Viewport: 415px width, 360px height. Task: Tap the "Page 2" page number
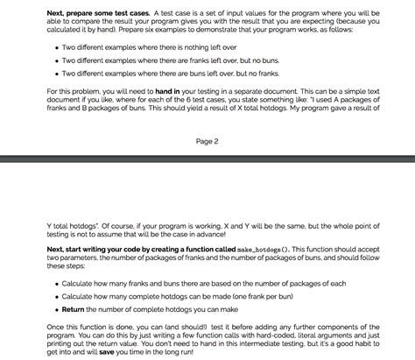207,141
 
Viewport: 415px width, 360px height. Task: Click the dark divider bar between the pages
207,160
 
